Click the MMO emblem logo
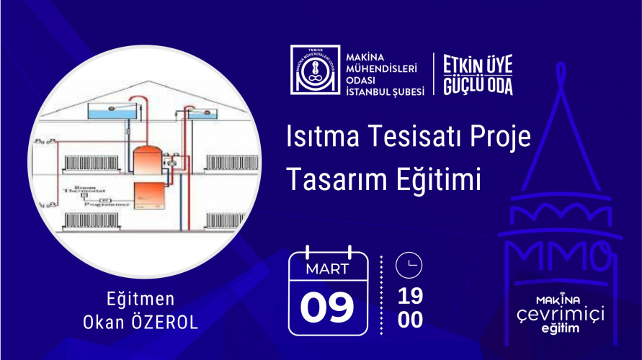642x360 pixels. point(313,70)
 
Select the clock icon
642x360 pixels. point(409,265)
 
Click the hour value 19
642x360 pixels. point(410,296)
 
